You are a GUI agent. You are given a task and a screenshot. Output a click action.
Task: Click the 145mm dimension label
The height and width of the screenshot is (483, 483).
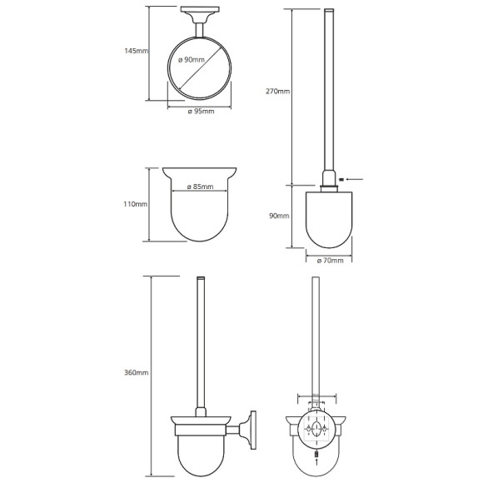pos(136,51)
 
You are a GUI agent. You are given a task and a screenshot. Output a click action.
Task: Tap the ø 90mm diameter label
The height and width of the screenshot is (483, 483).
pos(192,60)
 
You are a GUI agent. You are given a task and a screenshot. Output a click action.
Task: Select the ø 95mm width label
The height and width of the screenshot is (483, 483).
pos(201,112)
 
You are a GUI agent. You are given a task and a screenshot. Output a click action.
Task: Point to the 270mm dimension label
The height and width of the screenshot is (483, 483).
pos(278,91)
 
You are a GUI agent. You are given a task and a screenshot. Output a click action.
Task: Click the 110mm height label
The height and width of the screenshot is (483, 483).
pos(136,204)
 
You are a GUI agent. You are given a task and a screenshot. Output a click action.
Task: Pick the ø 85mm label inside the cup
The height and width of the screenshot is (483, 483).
pos(200,187)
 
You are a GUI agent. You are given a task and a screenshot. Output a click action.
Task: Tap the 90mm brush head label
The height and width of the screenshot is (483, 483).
pos(279,216)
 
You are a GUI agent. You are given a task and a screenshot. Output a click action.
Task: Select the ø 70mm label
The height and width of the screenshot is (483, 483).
pos(330,261)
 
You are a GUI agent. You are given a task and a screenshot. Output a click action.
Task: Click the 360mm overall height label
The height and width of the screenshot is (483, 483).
pos(137,373)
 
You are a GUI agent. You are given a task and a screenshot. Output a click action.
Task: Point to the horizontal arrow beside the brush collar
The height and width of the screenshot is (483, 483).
pos(355,179)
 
